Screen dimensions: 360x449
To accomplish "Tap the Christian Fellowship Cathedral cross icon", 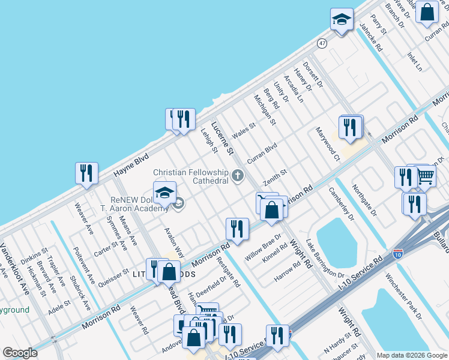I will (238, 175).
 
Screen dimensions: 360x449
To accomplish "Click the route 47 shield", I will (323, 44).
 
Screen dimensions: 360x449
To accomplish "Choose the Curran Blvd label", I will (262, 153).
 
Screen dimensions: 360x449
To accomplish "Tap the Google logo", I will (20, 353).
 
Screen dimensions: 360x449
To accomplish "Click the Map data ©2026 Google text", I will (412, 355).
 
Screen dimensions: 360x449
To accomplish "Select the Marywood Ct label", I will (328, 145).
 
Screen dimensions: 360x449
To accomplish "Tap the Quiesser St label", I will (113, 279).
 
